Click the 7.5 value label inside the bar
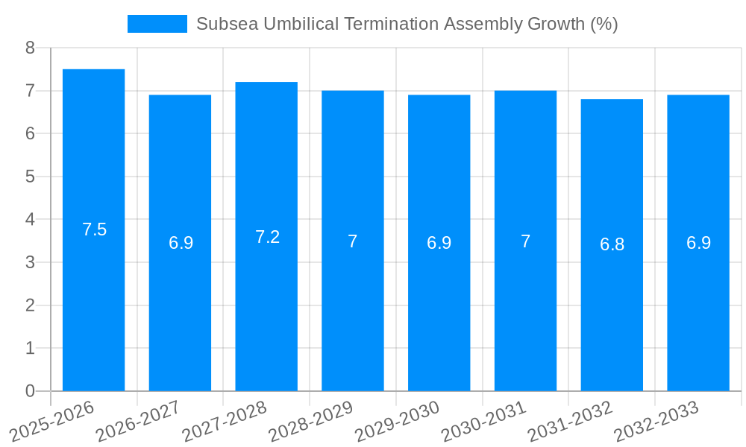pos(95,229)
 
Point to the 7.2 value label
pos(267,237)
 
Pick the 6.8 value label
pos(612,244)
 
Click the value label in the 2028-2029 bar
pos(353,241)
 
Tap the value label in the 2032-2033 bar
pos(698,243)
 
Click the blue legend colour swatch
pos(157,24)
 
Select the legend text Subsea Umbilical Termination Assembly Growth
pos(407,24)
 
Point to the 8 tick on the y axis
pos(30,48)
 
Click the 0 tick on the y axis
pos(30,391)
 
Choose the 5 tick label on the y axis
pos(30,177)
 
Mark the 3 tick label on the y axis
pos(30,262)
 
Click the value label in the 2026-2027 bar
pos(181,243)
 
